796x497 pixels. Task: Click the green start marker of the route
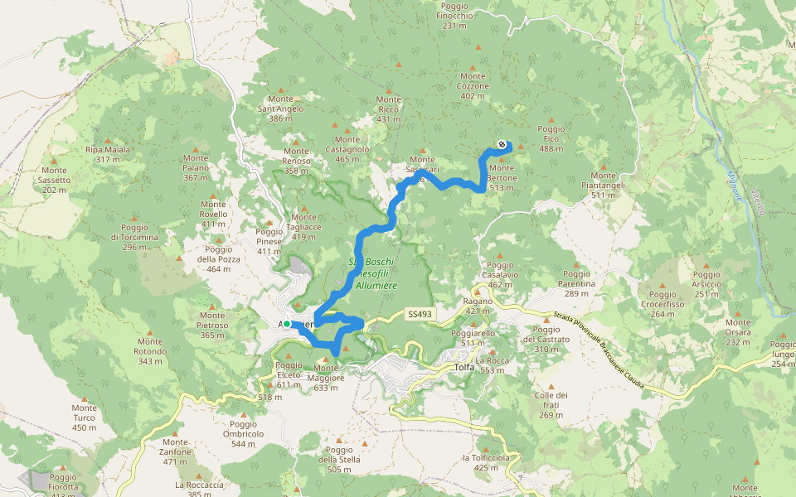pyautogui.click(x=287, y=324)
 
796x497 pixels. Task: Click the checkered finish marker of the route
pyautogui.click(x=502, y=145)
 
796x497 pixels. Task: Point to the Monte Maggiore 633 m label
pyautogui.click(x=326, y=373)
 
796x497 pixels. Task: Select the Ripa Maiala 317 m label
pyautogui.click(x=108, y=154)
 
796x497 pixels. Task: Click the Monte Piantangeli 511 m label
pyautogui.click(x=603, y=181)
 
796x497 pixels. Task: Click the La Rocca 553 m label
pyautogui.click(x=491, y=365)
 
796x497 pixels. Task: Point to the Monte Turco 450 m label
pyautogui.click(x=84, y=413)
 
